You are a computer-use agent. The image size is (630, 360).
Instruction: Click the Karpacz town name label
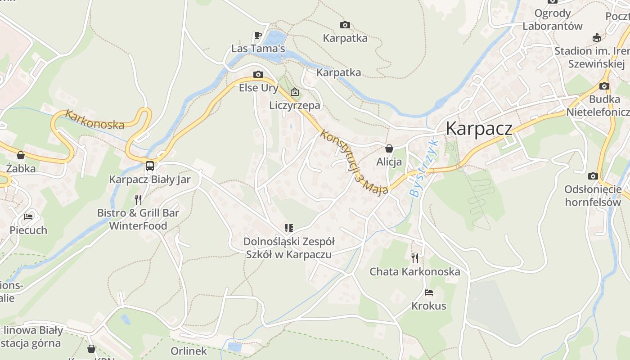(x=479, y=129)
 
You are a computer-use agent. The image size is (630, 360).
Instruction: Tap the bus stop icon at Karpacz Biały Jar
(x=150, y=166)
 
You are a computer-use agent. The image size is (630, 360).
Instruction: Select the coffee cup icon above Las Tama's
(x=257, y=35)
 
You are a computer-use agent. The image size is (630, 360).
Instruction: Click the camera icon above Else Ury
(x=258, y=74)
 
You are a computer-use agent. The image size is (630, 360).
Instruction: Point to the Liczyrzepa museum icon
(x=294, y=92)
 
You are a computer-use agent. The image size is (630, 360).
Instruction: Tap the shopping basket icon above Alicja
(x=389, y=148)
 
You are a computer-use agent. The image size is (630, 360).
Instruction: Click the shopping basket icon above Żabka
(x=20, y=155)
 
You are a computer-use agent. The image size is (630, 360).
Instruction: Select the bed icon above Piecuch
(x=28, y=216)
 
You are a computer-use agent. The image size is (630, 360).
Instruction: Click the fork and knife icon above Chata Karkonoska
(x=414, y=258)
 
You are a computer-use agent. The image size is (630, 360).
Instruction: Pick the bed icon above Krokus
(x=428, y=292)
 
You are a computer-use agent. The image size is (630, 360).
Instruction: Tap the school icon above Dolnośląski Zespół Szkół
(x=288, y=228)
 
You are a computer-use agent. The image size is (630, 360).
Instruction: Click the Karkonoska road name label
(x=94, y=120)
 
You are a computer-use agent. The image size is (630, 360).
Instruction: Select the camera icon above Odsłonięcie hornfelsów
(x=593, y=176)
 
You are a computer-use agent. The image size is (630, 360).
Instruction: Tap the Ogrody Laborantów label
(x=552, y=20)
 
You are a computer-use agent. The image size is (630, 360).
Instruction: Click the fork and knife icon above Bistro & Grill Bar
(x=138, y=199)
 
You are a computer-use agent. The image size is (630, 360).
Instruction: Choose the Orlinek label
(x=189, y=351)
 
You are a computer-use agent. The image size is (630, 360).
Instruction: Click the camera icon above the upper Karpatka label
(x=345, y=25)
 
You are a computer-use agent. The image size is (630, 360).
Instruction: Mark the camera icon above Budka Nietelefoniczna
(x=604, y=86)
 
